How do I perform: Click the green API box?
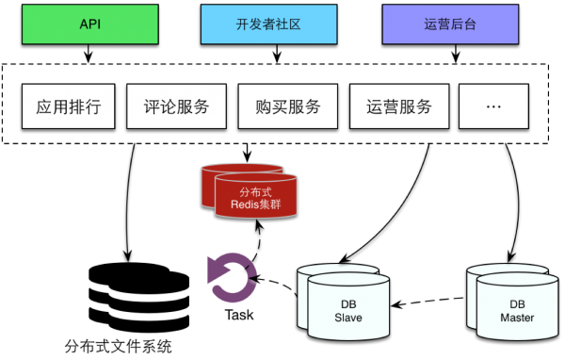[x=89, y=24]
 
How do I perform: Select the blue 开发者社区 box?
[x=268, y=24]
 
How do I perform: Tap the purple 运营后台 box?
[x=450, y=24]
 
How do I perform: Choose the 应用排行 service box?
[x=68, y=106]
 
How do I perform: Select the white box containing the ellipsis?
[x=493, y=106]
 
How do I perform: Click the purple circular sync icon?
[x=231, y=276]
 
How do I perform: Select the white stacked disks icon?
[x=139, y=296]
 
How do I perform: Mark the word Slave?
[x=348, y=319]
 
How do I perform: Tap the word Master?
[x=517, y=319]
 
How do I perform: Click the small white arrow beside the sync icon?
[x=276, y=282]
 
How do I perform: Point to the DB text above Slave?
[x=348, y=304]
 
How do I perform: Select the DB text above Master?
[x=517, y=304]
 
